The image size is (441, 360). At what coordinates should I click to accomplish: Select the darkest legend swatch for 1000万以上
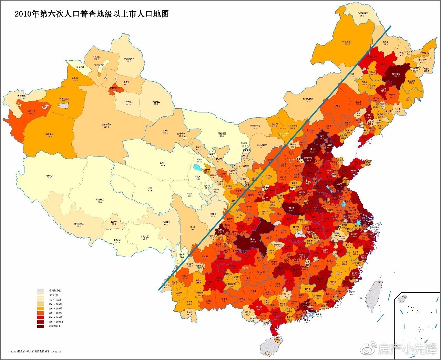click(41, 326)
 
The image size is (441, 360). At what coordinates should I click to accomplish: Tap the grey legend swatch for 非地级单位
click(41, 290)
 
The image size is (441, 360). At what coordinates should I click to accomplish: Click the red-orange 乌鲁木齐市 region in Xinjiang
click(115, 88)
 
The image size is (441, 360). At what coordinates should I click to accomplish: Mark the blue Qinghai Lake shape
click(197, 168)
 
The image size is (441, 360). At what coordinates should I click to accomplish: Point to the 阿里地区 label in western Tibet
click(51, 176)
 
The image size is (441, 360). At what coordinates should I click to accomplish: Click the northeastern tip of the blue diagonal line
click(390, 26)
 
